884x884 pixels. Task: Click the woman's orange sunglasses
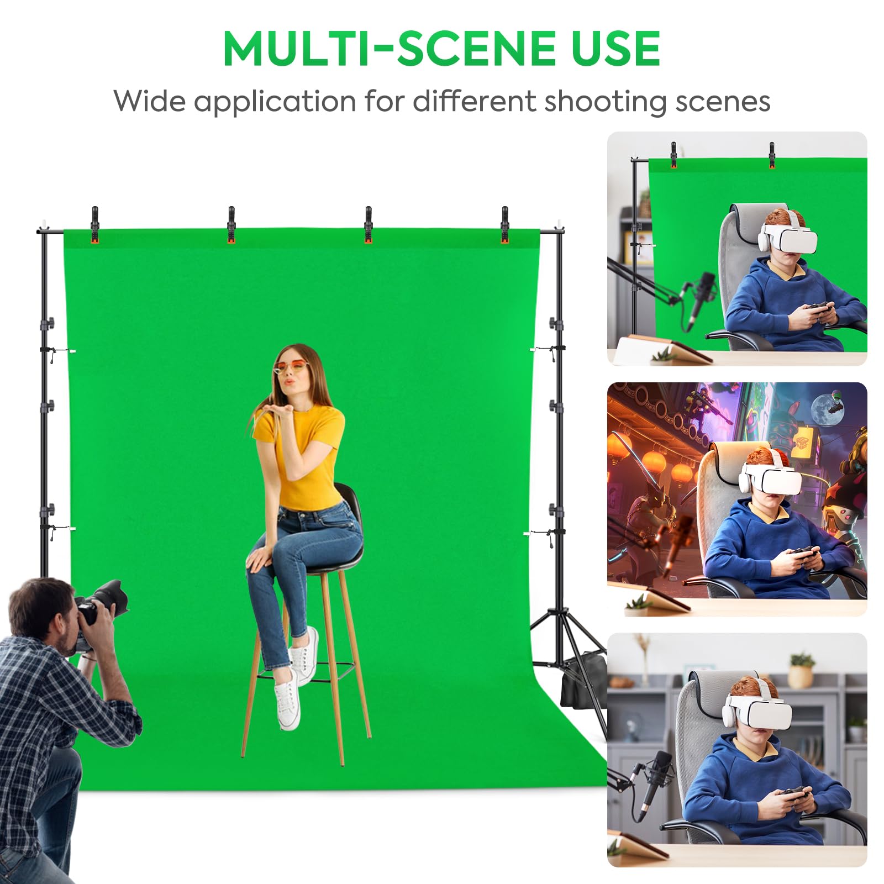click(290, 366)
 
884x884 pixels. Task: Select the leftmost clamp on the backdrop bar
click(94, 224)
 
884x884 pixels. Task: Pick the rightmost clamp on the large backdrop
click(504, 224)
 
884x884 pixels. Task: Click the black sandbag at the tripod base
click(577, 685)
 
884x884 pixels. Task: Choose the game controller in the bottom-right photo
click(792, 794)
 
